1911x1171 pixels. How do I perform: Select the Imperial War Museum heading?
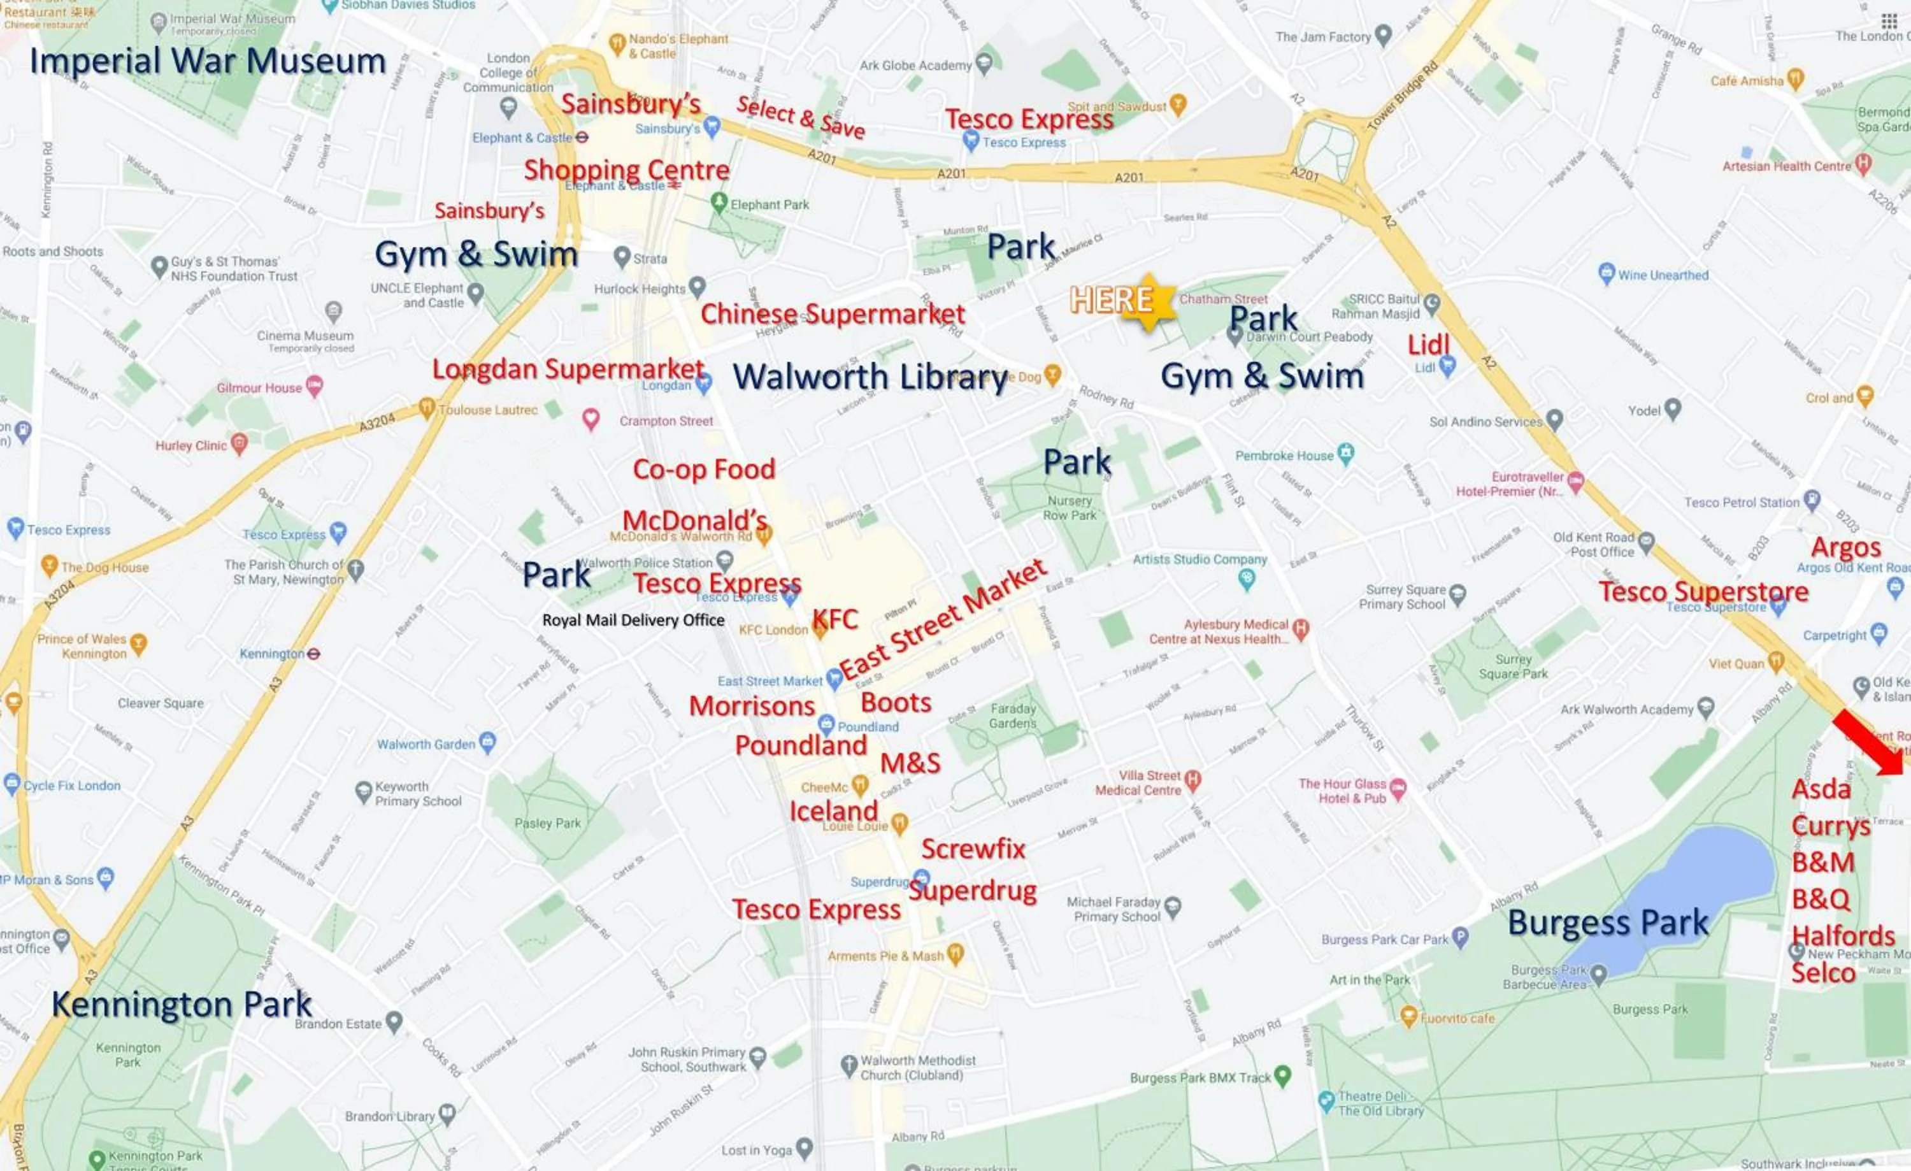tap(208, 61)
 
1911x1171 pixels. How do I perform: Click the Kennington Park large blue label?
tap(182, 1004)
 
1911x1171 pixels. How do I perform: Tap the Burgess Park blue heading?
tap(1607, 923)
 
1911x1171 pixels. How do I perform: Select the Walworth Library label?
tap(870, 377)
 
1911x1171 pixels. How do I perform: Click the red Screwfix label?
tap(973, 849)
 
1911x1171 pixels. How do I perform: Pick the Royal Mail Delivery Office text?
tap(633, 621)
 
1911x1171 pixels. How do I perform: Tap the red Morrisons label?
tap(752, 707)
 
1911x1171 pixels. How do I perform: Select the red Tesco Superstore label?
tap(1703, 592)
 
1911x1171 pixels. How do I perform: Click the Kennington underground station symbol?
tap(313, 654)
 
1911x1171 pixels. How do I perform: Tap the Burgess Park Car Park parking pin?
tap(1459, 938)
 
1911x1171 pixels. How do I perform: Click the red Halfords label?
tap(1843, 936)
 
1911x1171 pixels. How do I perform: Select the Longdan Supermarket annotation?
tap(568, 369)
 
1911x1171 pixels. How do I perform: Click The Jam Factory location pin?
tap(1383, 35)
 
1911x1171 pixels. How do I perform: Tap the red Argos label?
tap(1846, 547)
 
